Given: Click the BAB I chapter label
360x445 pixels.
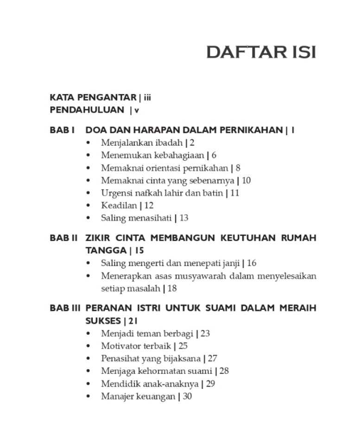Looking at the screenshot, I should [63, 130].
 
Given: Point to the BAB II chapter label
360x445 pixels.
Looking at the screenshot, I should [64, 238].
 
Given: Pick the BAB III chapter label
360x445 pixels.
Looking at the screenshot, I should [65, 308].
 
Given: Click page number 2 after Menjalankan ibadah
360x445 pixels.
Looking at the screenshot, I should [192, 143].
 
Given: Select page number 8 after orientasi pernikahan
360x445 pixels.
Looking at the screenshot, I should [238, 168].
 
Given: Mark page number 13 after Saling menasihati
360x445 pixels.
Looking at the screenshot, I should [183, 218].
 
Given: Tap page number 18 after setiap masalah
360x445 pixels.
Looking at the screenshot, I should [172, 288].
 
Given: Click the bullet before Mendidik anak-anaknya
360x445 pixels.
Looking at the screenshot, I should [89, 384].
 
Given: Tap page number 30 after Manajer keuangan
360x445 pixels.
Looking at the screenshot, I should [187, 396].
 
